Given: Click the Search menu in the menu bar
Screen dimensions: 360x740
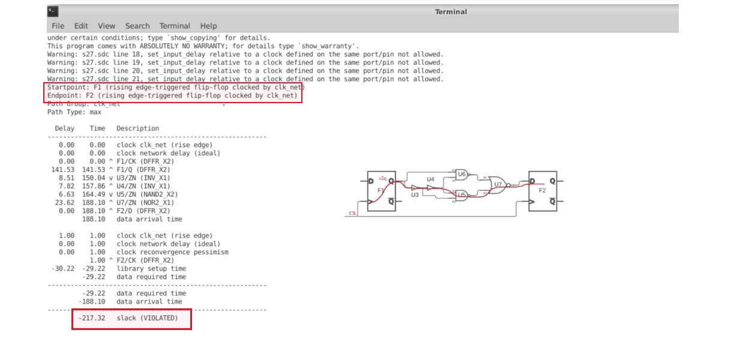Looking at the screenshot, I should (137, 26).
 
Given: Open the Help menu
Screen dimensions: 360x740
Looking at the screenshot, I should (208, 26).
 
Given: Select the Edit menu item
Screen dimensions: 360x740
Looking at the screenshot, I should (81, 26).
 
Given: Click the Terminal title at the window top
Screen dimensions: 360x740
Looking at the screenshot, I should (451, 12).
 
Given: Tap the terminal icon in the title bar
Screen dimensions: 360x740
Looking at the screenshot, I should (53, 11).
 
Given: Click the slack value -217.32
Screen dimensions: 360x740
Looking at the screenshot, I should (91, 318).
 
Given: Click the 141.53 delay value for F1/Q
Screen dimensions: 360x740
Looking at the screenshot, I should (62, 170).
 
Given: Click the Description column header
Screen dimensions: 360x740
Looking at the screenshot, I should (137, 128).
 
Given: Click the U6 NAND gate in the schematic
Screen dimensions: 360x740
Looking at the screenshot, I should (462, 174).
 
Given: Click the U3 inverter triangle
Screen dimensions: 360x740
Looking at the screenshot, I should (415, 187).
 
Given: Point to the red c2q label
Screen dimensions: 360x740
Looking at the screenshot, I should (382, 179).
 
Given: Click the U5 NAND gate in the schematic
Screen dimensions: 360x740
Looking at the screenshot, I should (462, 194).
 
